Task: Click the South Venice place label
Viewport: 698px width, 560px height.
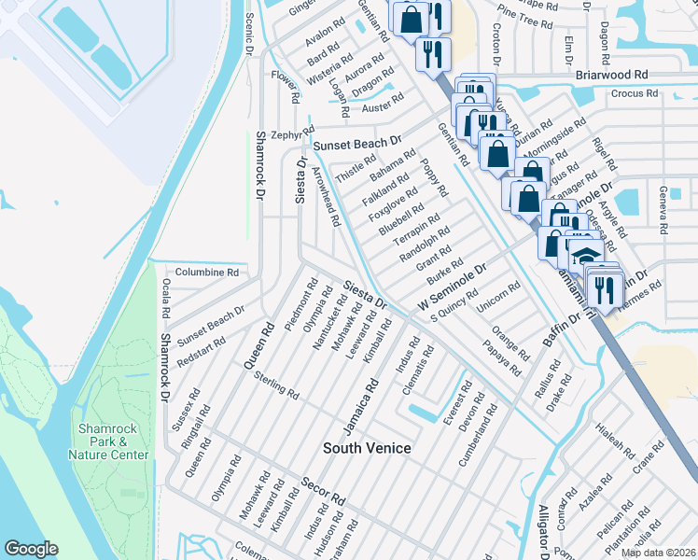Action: click(367, 449)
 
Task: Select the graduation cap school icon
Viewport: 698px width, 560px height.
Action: click(585, 256)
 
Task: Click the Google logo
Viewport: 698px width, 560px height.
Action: click(32, 549)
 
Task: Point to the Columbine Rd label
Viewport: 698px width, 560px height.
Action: click(207, 273)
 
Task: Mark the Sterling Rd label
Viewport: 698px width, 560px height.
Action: click(277, 385)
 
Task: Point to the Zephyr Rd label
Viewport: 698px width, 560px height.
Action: click(287, 134)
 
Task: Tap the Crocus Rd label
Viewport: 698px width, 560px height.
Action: click(635, 93)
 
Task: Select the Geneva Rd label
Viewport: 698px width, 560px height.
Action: click(663, 213)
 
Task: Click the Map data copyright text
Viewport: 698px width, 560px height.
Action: click(657, 553)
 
